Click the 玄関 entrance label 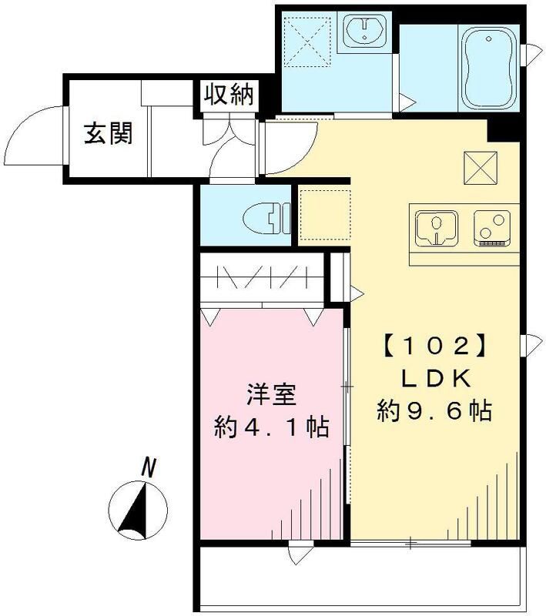[109, 134]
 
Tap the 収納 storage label [228, 95]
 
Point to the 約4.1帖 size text [272, 426]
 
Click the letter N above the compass [149, 466]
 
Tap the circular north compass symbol [139, 509]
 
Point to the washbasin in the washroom [363, 32]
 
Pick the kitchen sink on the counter [437, 228]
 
